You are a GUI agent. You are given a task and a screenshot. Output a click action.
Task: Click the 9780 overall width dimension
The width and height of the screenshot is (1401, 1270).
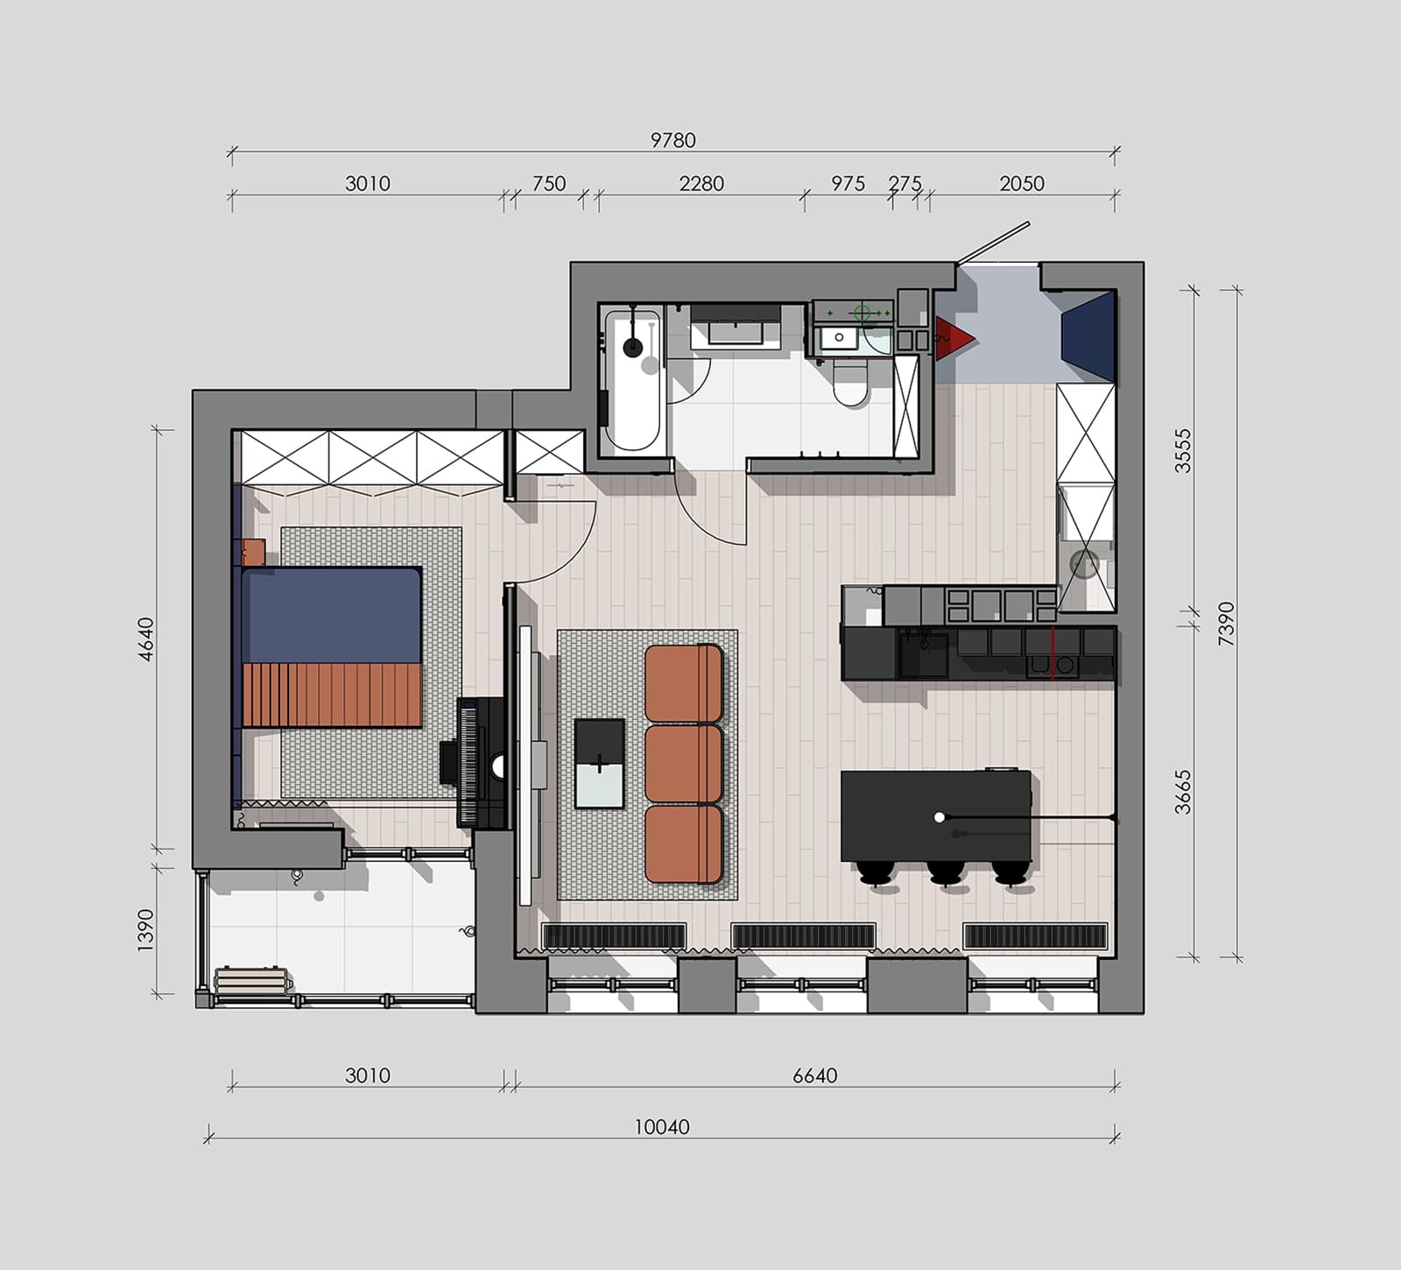click(x=672, y=140)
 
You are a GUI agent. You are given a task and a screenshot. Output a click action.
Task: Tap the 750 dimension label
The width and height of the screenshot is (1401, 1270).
click(x=549, y=184)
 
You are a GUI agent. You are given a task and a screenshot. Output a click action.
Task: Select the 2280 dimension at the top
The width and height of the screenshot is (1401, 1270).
click(x=701, y=184)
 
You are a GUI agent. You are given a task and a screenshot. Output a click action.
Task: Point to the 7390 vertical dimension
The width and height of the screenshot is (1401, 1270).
click(x=1226, y=624)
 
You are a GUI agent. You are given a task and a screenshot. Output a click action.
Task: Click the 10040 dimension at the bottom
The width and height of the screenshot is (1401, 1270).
click(x=662, y=1127)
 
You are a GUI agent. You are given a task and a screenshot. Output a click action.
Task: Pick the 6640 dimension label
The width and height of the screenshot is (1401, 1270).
click(x=815, y=1076)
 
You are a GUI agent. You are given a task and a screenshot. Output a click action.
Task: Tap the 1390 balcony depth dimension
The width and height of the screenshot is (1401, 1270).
click(x=145, y=929)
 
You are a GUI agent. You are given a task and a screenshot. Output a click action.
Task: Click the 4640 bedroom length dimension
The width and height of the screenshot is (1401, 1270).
click(x=145, y=639)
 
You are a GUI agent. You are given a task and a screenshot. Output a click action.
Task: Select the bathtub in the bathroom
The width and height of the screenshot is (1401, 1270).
click(x=632, y=380)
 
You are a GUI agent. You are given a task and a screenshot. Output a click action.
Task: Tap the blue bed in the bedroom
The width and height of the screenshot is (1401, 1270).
click(x=331, y=646)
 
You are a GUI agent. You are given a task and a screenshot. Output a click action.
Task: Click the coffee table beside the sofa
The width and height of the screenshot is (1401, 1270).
click(x=599, y=763)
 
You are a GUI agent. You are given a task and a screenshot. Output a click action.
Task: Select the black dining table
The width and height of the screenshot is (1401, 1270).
click(x=936, y=816)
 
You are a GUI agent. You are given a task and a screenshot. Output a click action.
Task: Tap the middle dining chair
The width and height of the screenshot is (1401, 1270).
click(x=946, y=872)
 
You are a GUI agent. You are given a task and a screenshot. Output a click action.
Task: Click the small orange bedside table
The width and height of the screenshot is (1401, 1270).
click(x=253, y=552)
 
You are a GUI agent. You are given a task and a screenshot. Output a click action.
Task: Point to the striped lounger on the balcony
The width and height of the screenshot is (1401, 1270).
click(x=253, y=980)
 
